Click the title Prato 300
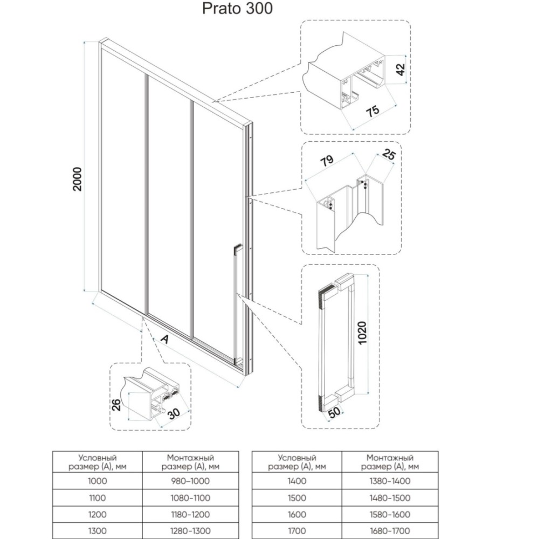pos(237,8)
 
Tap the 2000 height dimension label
pos(77,179)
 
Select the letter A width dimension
pos(165,340)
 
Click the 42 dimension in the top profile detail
pos(401,70)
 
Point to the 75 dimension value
pos(373,110)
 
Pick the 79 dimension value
pos(327,161)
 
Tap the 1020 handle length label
pos(362,333)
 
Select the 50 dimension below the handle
pos(334,412)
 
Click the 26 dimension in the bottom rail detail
pos(116,405)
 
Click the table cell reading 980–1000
pos(190,481)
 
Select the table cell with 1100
pos(97,497)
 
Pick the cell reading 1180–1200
pos(190,514)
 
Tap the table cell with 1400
pos(296,481)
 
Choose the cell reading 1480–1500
pos(390,497)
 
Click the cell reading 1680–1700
pos(390,531)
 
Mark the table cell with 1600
pos(296,514)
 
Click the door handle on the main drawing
pos(237,304)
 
